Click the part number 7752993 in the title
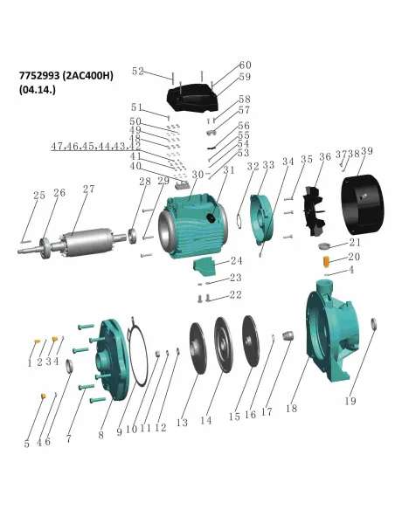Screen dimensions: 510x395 (45, 75)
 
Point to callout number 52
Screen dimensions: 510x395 (138, 72)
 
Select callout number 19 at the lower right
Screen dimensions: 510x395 (350, 402)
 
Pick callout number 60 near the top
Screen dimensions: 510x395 (246, 65)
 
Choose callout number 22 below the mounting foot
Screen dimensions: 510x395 (234, 295)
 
